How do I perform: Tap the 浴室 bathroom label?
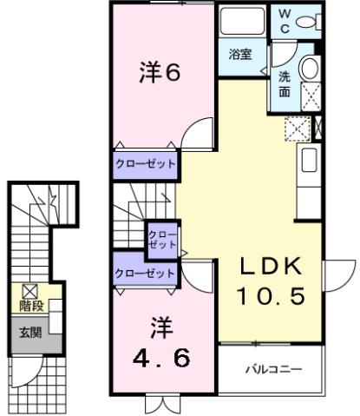[x=240, y=54]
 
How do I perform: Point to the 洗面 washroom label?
[x=285, y=82]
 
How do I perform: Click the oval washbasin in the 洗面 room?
[x=310, y=69]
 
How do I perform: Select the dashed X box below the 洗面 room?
[x=297, y=129]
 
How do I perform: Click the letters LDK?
[x=271, y=266]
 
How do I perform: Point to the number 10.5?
[x=271, y=297]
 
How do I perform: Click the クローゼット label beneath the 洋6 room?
[x=146, y=163]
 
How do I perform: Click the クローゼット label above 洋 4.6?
[x=146, y=273]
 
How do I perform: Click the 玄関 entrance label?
[x=31, y=332]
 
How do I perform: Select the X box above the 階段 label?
[x=30, y=291]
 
